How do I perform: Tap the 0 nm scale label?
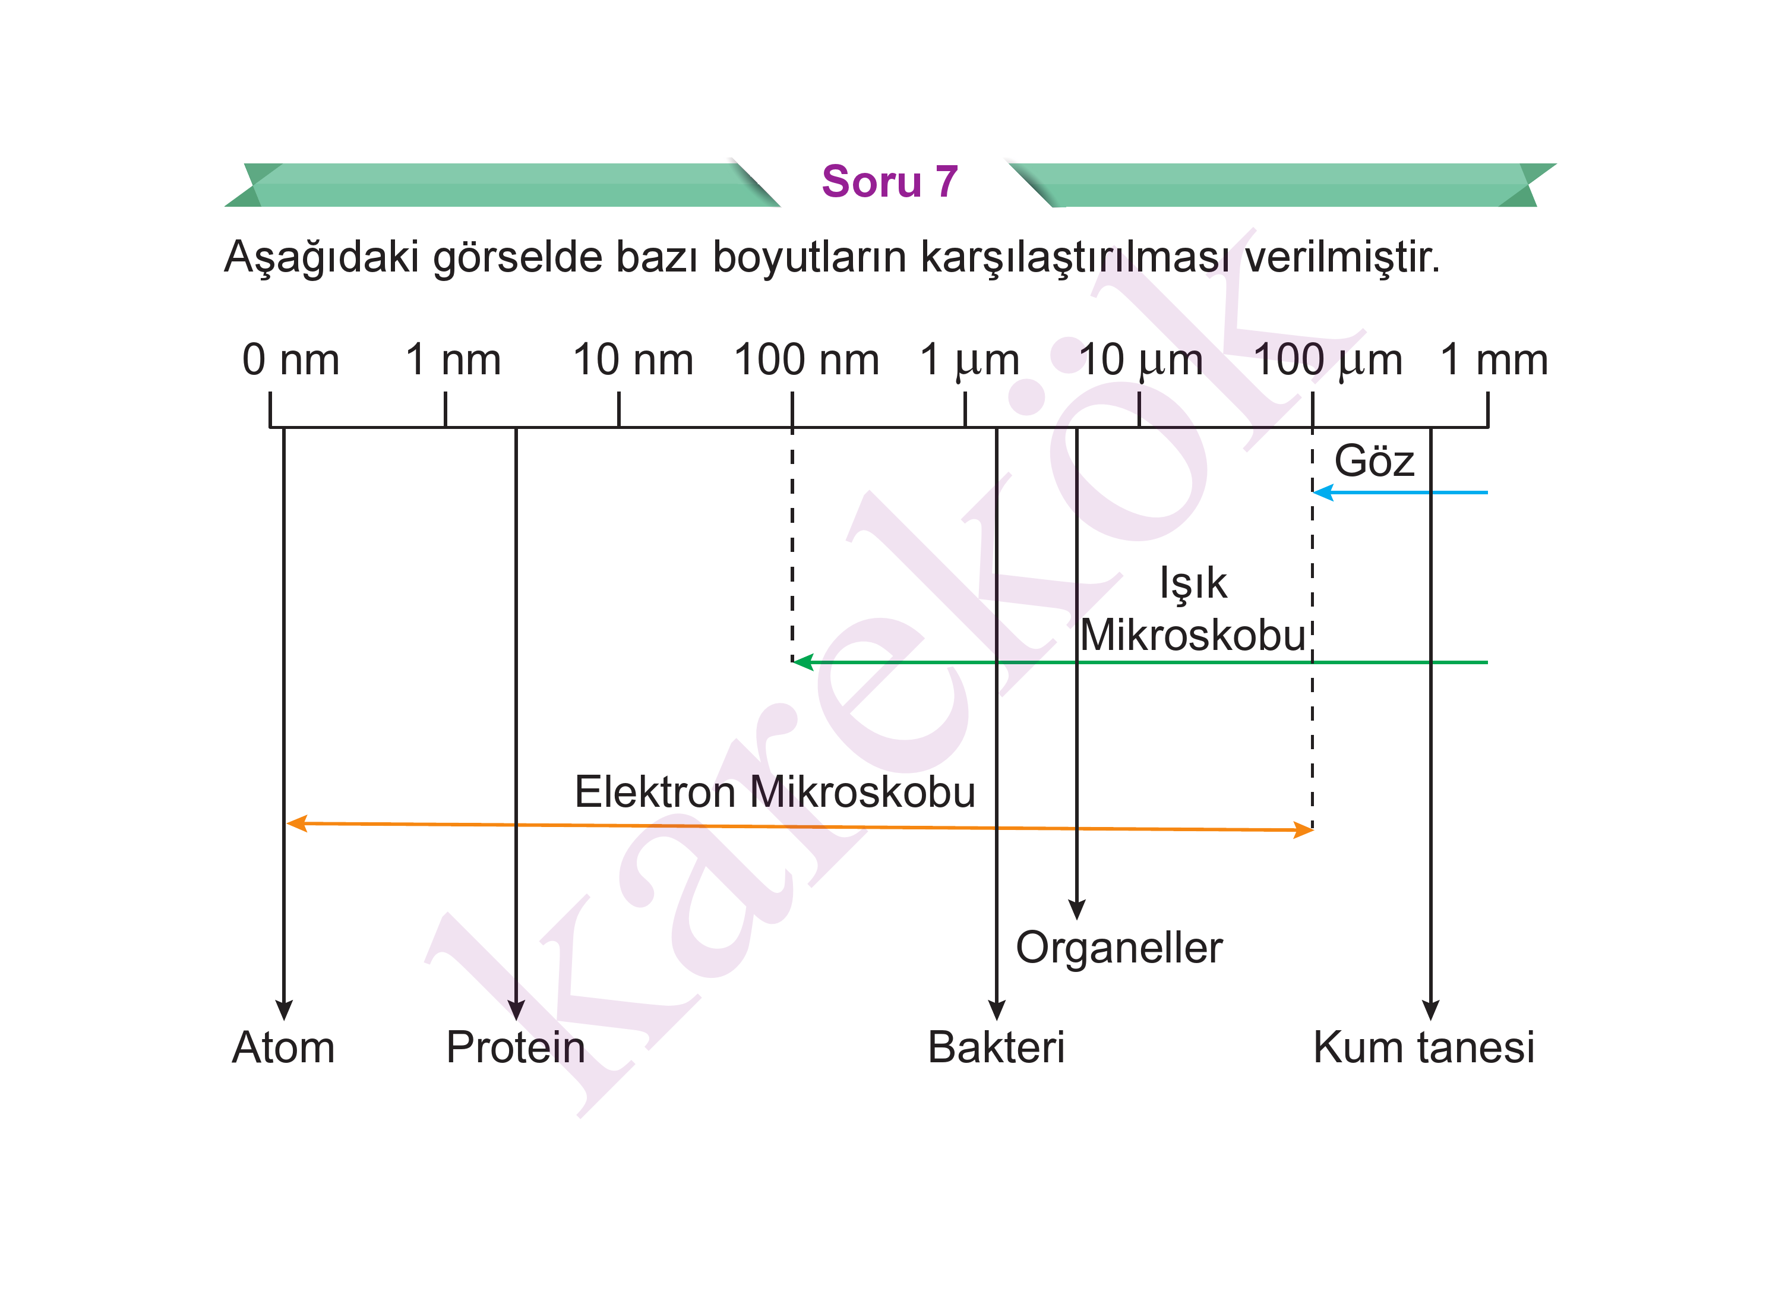coord(290,360)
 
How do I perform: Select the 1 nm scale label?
coord(453,360)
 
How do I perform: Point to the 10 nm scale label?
coord(633,360)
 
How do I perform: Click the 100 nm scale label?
coord(806,360)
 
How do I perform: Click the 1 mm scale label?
coord(1494,360)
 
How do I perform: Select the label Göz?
coord(1374,460)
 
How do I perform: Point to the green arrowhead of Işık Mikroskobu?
coord(803,662)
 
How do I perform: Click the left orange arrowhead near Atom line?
coord(296,823)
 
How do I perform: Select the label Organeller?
coord(1119,948)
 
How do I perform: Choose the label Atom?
coord(284,1047)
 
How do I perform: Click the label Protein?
coord(516,1047)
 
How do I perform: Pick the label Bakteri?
coord(996,1047)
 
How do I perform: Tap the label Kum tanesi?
coord(1424,1047)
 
